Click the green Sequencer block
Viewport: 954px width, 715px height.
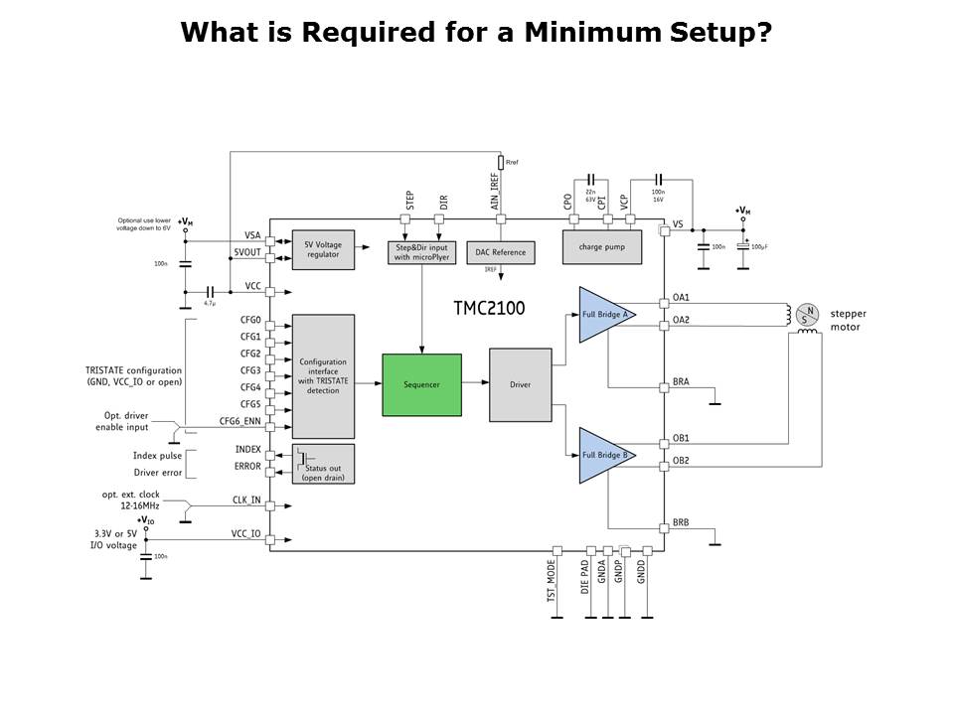pos(421,384)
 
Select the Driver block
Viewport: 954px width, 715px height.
pos(520,384)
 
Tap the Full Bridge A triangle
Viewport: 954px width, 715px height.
pos(606,314)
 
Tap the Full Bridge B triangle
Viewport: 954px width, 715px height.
pos(606,455)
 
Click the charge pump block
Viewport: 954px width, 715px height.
pos(601,246)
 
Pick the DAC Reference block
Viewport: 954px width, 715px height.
pos(500,252)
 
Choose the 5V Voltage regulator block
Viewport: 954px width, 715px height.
pos(323,249)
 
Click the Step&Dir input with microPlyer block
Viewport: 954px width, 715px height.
pos(422,252)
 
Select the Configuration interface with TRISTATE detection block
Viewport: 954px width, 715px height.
pos(323,376)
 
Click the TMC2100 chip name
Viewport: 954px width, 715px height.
pos(489,309)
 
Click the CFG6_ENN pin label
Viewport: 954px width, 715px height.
pos(239,421)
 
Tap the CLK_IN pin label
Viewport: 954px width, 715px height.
pos(246,500)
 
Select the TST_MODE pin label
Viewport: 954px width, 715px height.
pos(552,581)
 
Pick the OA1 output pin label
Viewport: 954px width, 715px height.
pos(681,297)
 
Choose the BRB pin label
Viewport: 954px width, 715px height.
pos(681,521)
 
